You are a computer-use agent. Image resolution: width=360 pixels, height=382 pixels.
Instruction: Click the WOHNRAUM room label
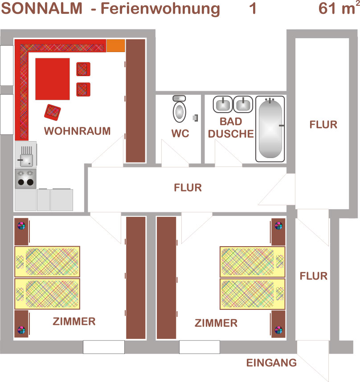pos(77,131)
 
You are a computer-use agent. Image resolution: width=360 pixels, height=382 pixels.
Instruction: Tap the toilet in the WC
pos(180,109)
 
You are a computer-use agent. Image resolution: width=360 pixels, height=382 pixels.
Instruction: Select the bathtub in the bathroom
pos(270,129)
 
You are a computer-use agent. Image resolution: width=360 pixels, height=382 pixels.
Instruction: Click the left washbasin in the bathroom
pos(223,105)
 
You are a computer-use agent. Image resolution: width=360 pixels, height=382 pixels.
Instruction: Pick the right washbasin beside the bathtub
pos(243,105)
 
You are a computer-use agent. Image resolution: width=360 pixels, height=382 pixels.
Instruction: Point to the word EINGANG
pos(271,363)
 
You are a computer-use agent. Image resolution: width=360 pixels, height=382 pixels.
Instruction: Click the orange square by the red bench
pos(116,45)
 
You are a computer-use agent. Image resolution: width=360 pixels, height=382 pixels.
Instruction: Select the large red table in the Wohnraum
pos(53,79)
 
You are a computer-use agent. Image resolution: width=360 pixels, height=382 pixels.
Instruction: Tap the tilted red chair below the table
pos(53,112)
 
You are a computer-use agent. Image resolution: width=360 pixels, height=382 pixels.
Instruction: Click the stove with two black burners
pos(25,179)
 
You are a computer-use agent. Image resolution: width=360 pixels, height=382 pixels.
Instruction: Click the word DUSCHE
pos(231,134)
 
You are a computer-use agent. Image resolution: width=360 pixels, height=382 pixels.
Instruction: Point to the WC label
pos(180,134)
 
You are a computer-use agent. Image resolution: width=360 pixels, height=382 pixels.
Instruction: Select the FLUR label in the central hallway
pos(188,187)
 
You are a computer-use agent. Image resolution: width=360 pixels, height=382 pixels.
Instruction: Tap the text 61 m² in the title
pos(339,8)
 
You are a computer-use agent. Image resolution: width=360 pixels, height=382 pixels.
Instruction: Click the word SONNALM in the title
pos(42,8)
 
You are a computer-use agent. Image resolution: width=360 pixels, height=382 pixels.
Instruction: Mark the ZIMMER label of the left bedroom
pos(74,321)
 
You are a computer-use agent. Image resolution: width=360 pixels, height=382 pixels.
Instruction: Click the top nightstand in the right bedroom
pos(278,232)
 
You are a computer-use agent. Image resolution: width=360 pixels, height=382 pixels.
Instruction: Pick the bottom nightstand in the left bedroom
pos(22,324)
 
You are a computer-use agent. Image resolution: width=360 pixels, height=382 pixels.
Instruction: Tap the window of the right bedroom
pos(200,347)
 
